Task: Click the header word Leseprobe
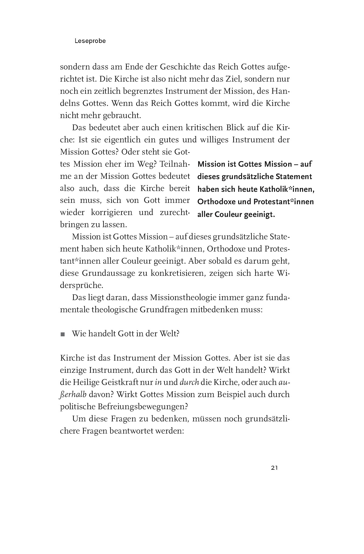[90, 41]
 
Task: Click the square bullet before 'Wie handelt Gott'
[63, 334]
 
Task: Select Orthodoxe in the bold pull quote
[217, 202]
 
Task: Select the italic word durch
[189, 382]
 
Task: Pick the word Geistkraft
[127, 382]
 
